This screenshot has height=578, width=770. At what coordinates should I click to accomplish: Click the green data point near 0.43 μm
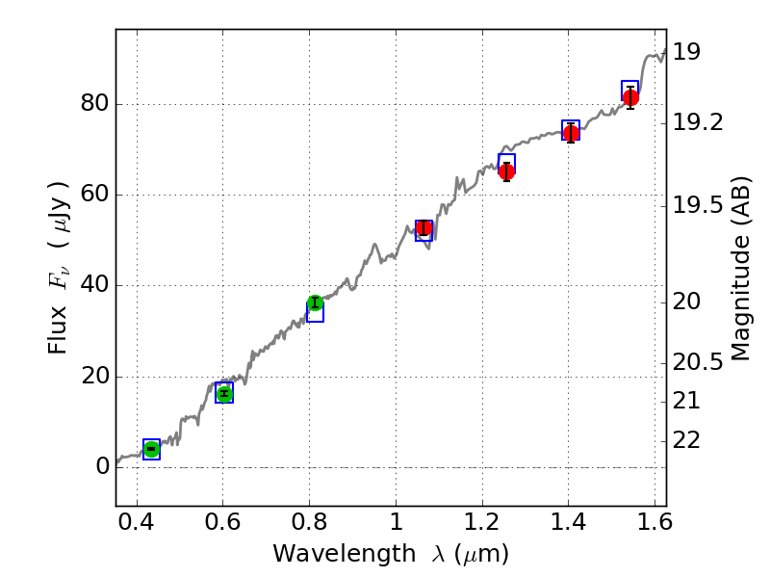pyautogui.click(x=151, y=449)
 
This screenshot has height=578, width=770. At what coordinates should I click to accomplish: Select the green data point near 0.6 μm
pyautogui.click(x=224, y=393)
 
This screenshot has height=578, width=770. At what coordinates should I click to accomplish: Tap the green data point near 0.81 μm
pyautogui.click(x=315, y=303)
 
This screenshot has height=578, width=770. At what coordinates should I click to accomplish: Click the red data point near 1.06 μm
pyautogui.click(x=423, y=228)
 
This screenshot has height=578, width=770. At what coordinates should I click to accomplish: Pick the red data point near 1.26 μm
pyautogui.click(x=506, y=171)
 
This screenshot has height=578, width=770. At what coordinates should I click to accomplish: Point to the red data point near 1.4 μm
pyautogui.click(x=571, y=133)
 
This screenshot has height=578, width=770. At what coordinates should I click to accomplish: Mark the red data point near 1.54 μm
pyautogui.click(x=630, y=97)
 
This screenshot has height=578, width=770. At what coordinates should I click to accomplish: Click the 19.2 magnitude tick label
pyautogui.click(x=697, y=122)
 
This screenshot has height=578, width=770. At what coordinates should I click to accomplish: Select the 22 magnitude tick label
pyautogui.click(x=690, y=439)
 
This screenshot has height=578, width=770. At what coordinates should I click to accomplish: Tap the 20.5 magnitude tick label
pyautogui.click(x=697, y=362)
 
